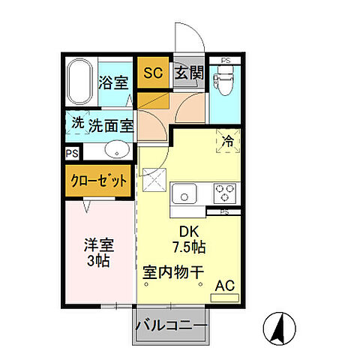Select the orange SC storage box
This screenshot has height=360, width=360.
click(153, 73)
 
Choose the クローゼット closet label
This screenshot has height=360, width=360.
click(98, 181)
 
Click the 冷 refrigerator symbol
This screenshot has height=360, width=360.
click(225, 139)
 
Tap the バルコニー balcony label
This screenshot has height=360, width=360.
click(172, 327)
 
